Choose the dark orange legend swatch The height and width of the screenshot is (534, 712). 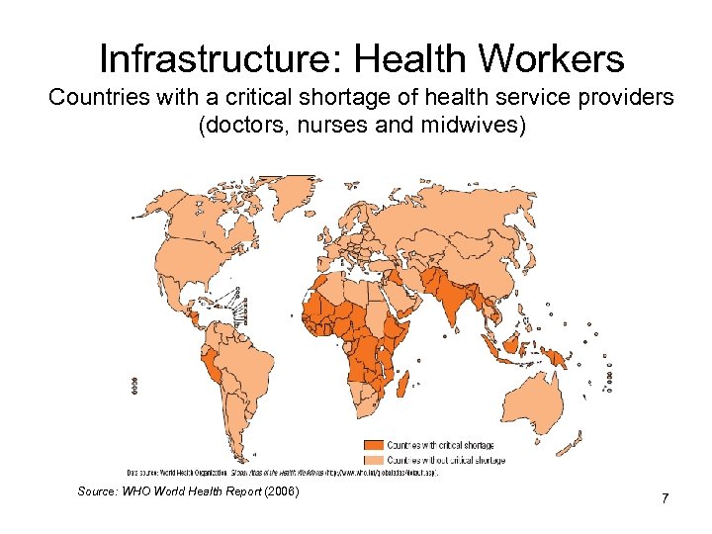[x=373, y=446]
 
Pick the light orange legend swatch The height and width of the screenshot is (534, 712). [x=373, y=460]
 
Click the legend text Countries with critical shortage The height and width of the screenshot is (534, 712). [x=441, y=446]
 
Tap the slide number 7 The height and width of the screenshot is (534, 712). [x=666, y=497]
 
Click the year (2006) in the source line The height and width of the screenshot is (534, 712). [x=292, y=491]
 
